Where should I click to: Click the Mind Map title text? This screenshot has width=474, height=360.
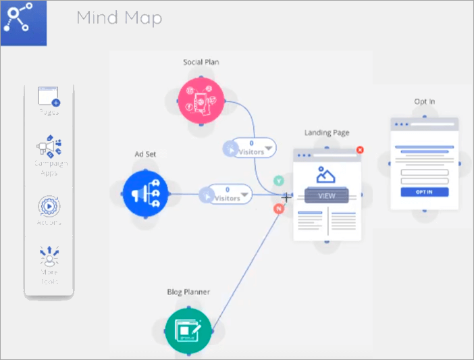coord(119,18)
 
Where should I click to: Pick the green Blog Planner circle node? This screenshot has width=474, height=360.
coord(188,330)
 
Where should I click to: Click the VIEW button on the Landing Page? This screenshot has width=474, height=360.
coord(327,196)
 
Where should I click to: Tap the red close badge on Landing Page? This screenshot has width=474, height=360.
coord(360,149)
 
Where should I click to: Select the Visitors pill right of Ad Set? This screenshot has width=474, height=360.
coord(228,195)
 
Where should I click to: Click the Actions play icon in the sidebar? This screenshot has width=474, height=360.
coord(49,205)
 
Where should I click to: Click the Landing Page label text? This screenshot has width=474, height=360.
coord(327,132)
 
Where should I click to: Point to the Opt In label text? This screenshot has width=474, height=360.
coord(424,102)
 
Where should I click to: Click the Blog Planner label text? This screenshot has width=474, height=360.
coord(188,292)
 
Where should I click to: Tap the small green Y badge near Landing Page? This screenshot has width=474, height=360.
coord(278,182)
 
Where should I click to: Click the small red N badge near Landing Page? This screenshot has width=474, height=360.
coord(278,209)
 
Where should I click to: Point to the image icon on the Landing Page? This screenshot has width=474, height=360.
coord(327,175)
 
